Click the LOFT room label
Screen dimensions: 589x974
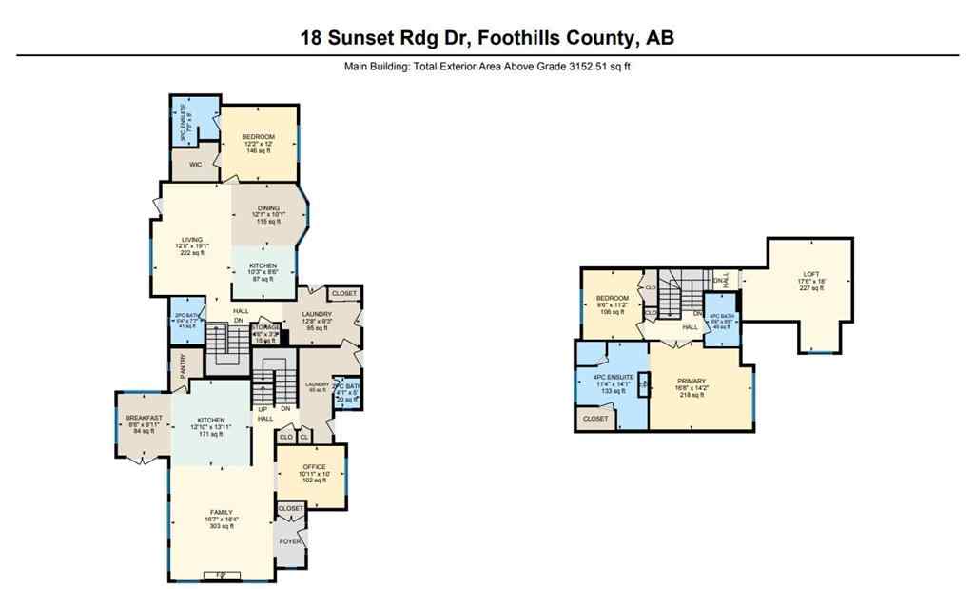click(x=807, y=277)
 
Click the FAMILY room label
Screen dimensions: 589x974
click(x=221, y=512)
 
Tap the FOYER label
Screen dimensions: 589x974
click(x=290, y=541)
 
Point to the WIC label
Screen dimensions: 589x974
click(x=195, y=164)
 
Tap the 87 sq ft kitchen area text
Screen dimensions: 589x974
click(x=263, y=279)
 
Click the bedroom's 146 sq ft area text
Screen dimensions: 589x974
click(x=258, y=150)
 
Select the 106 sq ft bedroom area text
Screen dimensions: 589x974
click(x=612, y=311)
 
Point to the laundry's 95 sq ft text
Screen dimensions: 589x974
click(x=316, y=327)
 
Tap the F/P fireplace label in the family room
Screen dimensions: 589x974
click(x=221, y=573)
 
